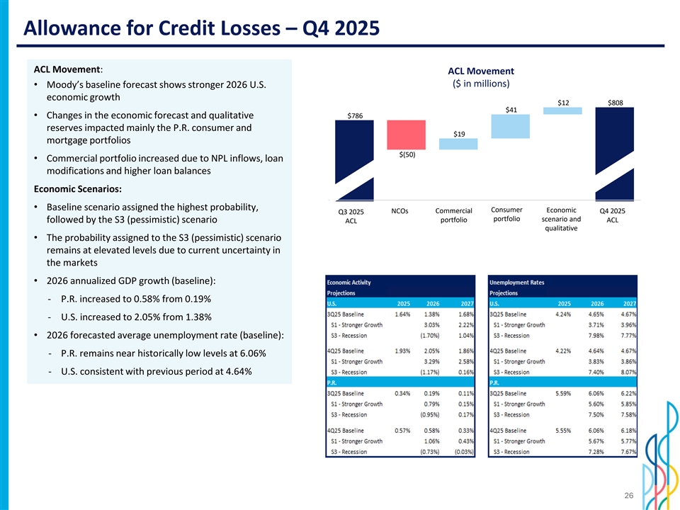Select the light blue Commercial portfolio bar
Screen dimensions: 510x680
(458, 144)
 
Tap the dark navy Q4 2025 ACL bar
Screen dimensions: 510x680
(615, 152)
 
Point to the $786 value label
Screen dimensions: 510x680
(356, 115)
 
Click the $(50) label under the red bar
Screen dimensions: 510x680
(407, 155)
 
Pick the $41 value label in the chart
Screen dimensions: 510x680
(511, 109)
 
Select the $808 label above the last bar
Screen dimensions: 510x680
(615, 102)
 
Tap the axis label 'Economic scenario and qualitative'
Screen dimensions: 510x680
(562, 219)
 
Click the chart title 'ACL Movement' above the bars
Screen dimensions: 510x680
(481, 71)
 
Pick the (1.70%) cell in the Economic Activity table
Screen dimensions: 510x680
(433, 335)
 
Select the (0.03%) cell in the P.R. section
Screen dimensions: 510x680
(465, 452)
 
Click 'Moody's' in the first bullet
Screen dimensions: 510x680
(68, 86)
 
